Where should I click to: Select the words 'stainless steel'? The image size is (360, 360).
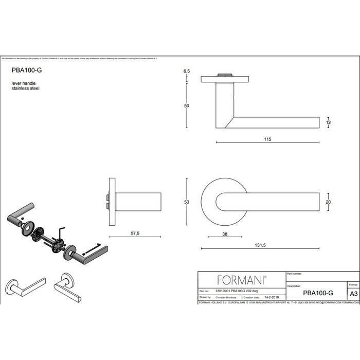pos(25,88)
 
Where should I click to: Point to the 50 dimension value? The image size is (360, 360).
pos(187,105)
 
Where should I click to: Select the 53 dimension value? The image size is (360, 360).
pos(187,202)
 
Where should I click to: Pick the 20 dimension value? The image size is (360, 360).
pos(329,202)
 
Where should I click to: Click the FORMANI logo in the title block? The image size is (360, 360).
pos(242,280)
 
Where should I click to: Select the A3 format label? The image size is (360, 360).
pos(353,293)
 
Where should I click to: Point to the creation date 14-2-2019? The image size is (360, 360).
pos(272,297)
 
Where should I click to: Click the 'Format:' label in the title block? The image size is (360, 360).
pos(353,284)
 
